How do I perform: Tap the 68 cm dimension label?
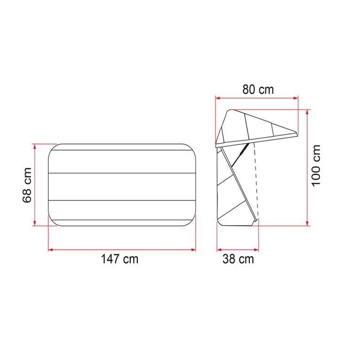click(x=28, y=185)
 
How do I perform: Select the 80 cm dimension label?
click(x=258, y=89)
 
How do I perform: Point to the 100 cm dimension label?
click(x=316, y=165)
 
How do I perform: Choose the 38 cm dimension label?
click(x=238, y=259)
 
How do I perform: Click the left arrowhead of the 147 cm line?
click(x=51, y=250)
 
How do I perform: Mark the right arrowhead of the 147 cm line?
click(x=194, y=250)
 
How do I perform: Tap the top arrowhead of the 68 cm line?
click(x=35, y=146)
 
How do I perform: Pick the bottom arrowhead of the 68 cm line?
click(x=35, y=223)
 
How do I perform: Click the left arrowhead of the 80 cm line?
click(x=218, y=98)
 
